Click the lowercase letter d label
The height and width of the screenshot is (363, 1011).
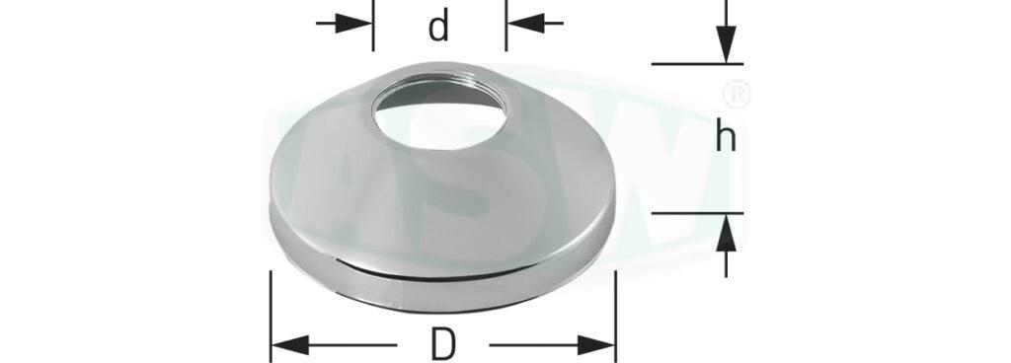pos(438,27)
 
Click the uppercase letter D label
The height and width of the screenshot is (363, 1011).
pos(443,345)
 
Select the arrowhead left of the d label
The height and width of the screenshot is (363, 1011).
pos(354,23)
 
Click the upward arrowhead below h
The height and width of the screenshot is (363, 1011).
pos(726,233)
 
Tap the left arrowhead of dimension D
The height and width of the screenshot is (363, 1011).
pos(289,345)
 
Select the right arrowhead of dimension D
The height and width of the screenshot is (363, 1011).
pos(596,345)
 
